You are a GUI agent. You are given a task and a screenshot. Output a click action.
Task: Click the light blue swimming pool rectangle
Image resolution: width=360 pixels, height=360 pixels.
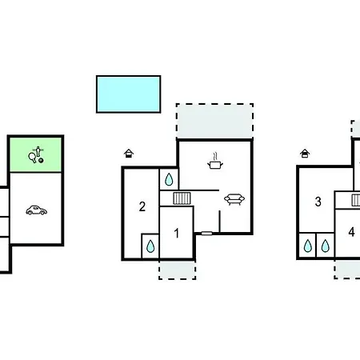tap(128, 94)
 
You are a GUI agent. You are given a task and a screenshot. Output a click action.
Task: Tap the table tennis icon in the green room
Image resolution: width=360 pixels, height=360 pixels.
tap(36, 154)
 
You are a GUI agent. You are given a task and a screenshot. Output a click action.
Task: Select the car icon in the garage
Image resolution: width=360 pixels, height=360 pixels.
tap(37, 210)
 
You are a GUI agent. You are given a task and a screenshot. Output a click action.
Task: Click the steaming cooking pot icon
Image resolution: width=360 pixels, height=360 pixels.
tap(215, 161)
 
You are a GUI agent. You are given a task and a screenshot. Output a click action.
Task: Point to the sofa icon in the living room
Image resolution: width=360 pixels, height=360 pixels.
tap(234, 199)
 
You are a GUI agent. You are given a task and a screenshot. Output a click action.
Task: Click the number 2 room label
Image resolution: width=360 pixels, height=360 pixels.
tap(142, 206)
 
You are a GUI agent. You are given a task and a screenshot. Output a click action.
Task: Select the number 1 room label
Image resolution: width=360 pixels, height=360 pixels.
tap(176, 234)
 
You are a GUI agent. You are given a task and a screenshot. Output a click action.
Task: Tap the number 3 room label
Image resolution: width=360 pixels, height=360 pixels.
tap(318, 202)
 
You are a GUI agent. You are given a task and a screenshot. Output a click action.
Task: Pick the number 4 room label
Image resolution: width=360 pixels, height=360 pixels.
tap(351, 232)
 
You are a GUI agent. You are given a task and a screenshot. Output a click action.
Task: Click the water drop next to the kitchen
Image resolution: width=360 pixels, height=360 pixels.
tap(169, 179)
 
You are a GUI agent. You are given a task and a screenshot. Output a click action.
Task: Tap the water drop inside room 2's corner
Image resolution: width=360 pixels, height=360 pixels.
tap(150, 246)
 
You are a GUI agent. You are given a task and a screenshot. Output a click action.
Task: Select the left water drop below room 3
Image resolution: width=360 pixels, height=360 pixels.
tap(308, 246)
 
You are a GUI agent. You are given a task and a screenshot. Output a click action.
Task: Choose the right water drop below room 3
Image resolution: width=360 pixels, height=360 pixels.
tap(325, 246)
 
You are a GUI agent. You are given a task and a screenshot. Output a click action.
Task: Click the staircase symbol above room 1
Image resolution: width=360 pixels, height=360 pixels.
tap(182, 198)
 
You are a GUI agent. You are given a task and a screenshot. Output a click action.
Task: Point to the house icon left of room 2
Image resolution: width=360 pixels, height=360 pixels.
tap(129, 154)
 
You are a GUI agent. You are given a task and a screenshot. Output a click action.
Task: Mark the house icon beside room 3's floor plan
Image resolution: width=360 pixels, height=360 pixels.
tap(305, 154)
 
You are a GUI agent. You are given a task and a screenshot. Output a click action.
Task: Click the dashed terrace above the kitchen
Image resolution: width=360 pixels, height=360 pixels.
tap(214, 121)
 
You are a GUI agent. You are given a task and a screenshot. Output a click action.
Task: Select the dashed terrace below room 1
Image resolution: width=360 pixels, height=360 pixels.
tap(178, 270)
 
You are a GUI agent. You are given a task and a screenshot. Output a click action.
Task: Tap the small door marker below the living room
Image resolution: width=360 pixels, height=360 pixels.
tap(206, 234)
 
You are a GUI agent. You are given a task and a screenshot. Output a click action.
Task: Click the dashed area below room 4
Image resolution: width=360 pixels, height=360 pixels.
tap(347, 269)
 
